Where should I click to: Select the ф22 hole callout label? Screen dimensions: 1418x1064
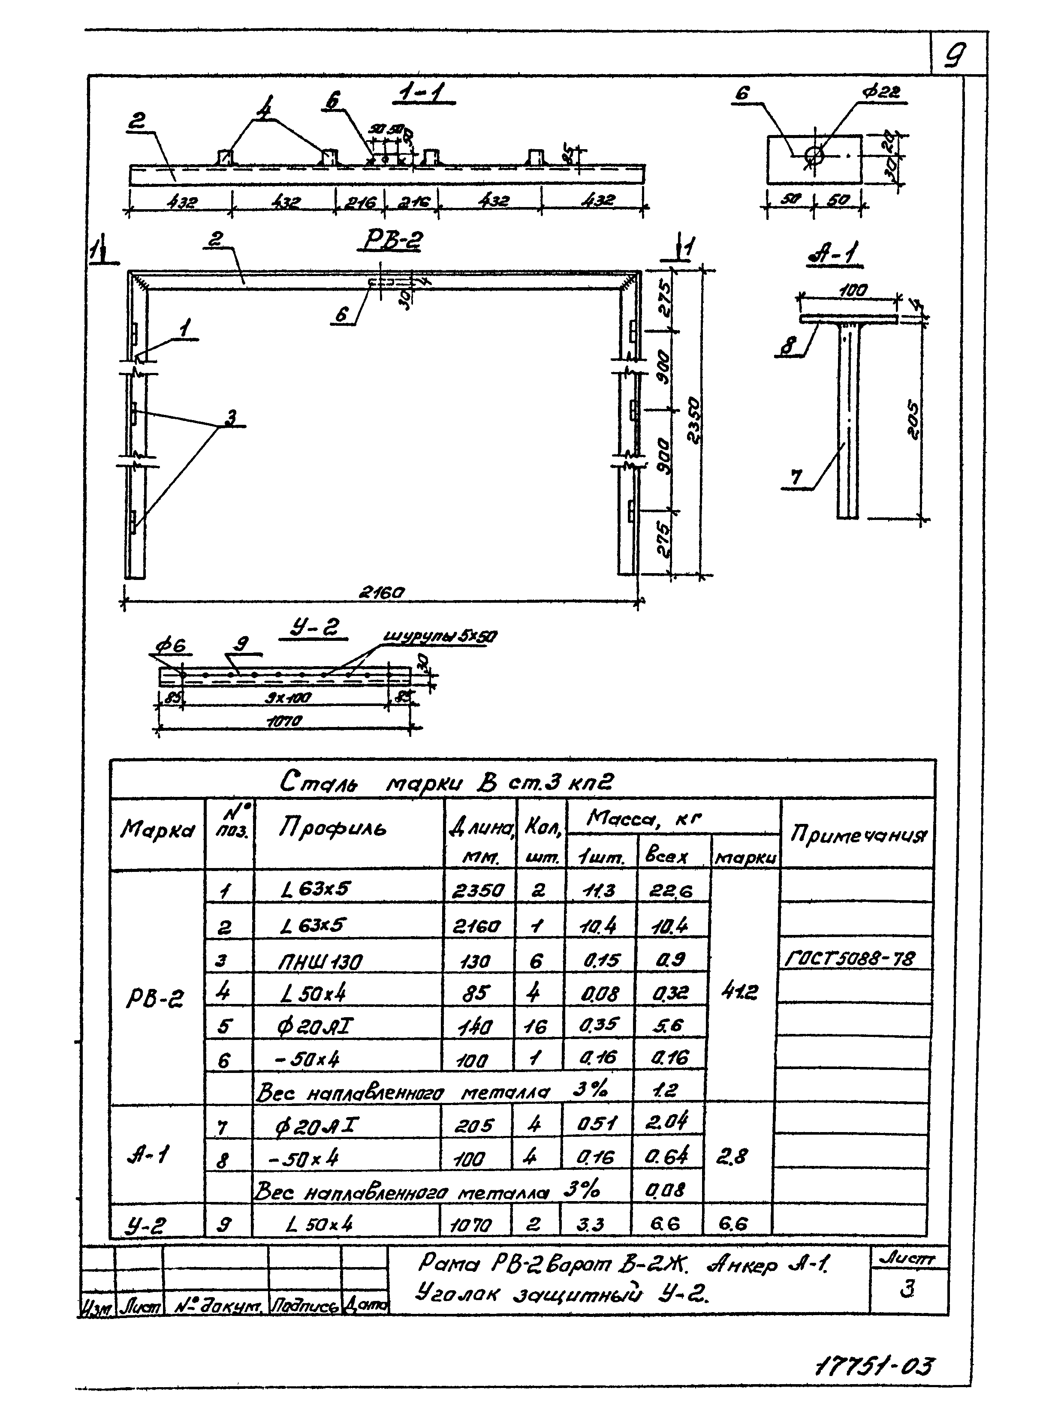pos(880,92)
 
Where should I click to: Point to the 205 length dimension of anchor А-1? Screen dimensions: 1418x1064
pos(913,420)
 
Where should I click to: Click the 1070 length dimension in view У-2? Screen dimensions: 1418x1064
pos(283,721)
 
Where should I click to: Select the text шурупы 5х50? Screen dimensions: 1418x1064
pos(440,637)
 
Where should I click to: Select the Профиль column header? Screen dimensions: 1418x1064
pos(332,829)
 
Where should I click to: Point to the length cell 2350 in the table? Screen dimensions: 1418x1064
pos(478,890)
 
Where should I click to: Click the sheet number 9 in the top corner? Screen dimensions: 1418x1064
pos(955,57)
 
